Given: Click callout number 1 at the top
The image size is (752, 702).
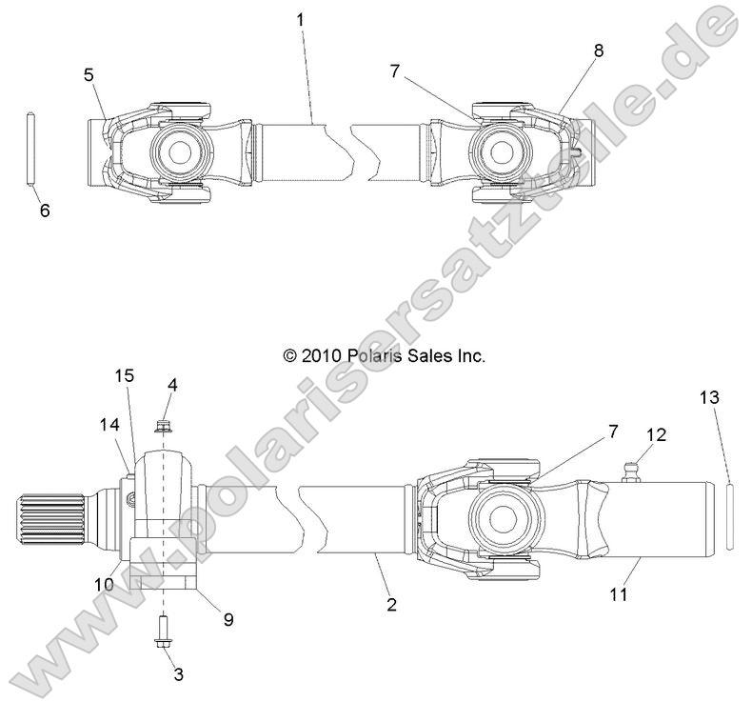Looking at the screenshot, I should pyautogui.click(x=301, y=18).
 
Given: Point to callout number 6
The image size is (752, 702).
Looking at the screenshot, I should pyautogui.click(x=44, y=211).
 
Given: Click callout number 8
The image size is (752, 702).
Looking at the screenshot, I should pyautogui.click(x=598, y=51).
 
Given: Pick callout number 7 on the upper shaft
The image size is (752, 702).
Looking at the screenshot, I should pyautogui.click(x=395, y=71).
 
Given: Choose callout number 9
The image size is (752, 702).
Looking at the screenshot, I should pyautogui.click(x=228, y=618).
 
